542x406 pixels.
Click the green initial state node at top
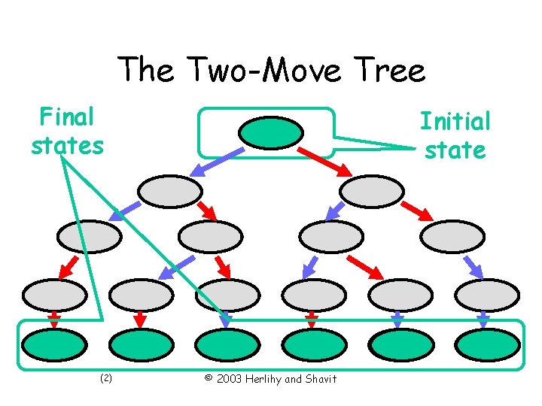click(x=270, y=133)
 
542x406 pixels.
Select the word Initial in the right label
click(x=455, y=121)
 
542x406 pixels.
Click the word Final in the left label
click(x=66, y=117)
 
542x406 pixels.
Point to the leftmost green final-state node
click(x=55, y=345)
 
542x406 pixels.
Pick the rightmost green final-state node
click(x=488, y=345)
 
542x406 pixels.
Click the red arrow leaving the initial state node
click(x=325, y=160)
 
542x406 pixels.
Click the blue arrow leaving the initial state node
click(x=217, y=160)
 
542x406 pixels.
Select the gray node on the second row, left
click(x=171, y=191)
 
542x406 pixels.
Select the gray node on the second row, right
click(x=372, y=191)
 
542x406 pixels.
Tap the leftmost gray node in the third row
click(x=90, y=237)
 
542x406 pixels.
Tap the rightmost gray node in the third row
click(x=452, y=237)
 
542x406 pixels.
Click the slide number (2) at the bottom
click(x=105, y=378)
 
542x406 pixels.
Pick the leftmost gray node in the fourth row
click(x=55, y=295)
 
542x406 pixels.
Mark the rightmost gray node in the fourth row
click(x=488, y=295)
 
